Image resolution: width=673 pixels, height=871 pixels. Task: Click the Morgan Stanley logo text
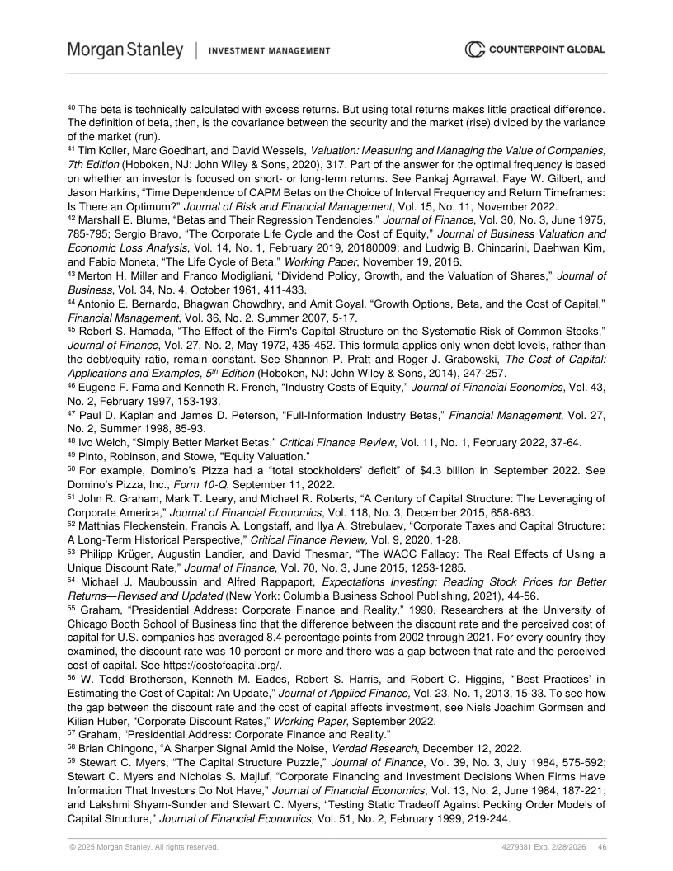pos(125,50)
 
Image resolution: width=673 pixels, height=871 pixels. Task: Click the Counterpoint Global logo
pos(534,50)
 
